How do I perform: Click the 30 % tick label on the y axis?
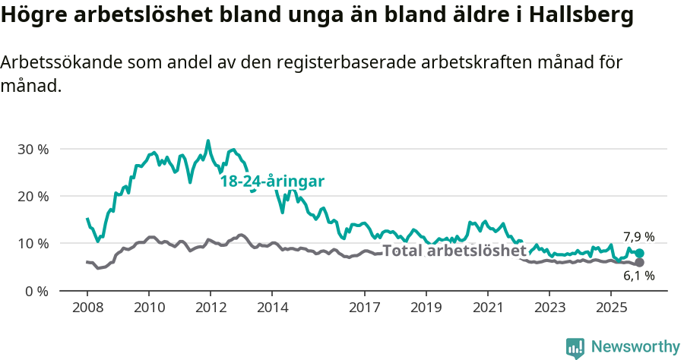32,149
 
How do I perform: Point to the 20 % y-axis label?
32,196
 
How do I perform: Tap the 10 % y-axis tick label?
32,244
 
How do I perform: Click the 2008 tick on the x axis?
87,308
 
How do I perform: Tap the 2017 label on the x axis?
364,308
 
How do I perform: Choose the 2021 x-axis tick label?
487,308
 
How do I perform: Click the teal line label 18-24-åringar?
272,182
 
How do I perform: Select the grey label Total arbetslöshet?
454,251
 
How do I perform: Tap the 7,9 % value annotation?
638,236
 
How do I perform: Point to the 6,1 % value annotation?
638,276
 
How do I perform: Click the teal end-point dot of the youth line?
639,254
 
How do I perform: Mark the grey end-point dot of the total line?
639,262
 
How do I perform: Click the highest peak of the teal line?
208,141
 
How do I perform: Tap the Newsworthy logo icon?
575,347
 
